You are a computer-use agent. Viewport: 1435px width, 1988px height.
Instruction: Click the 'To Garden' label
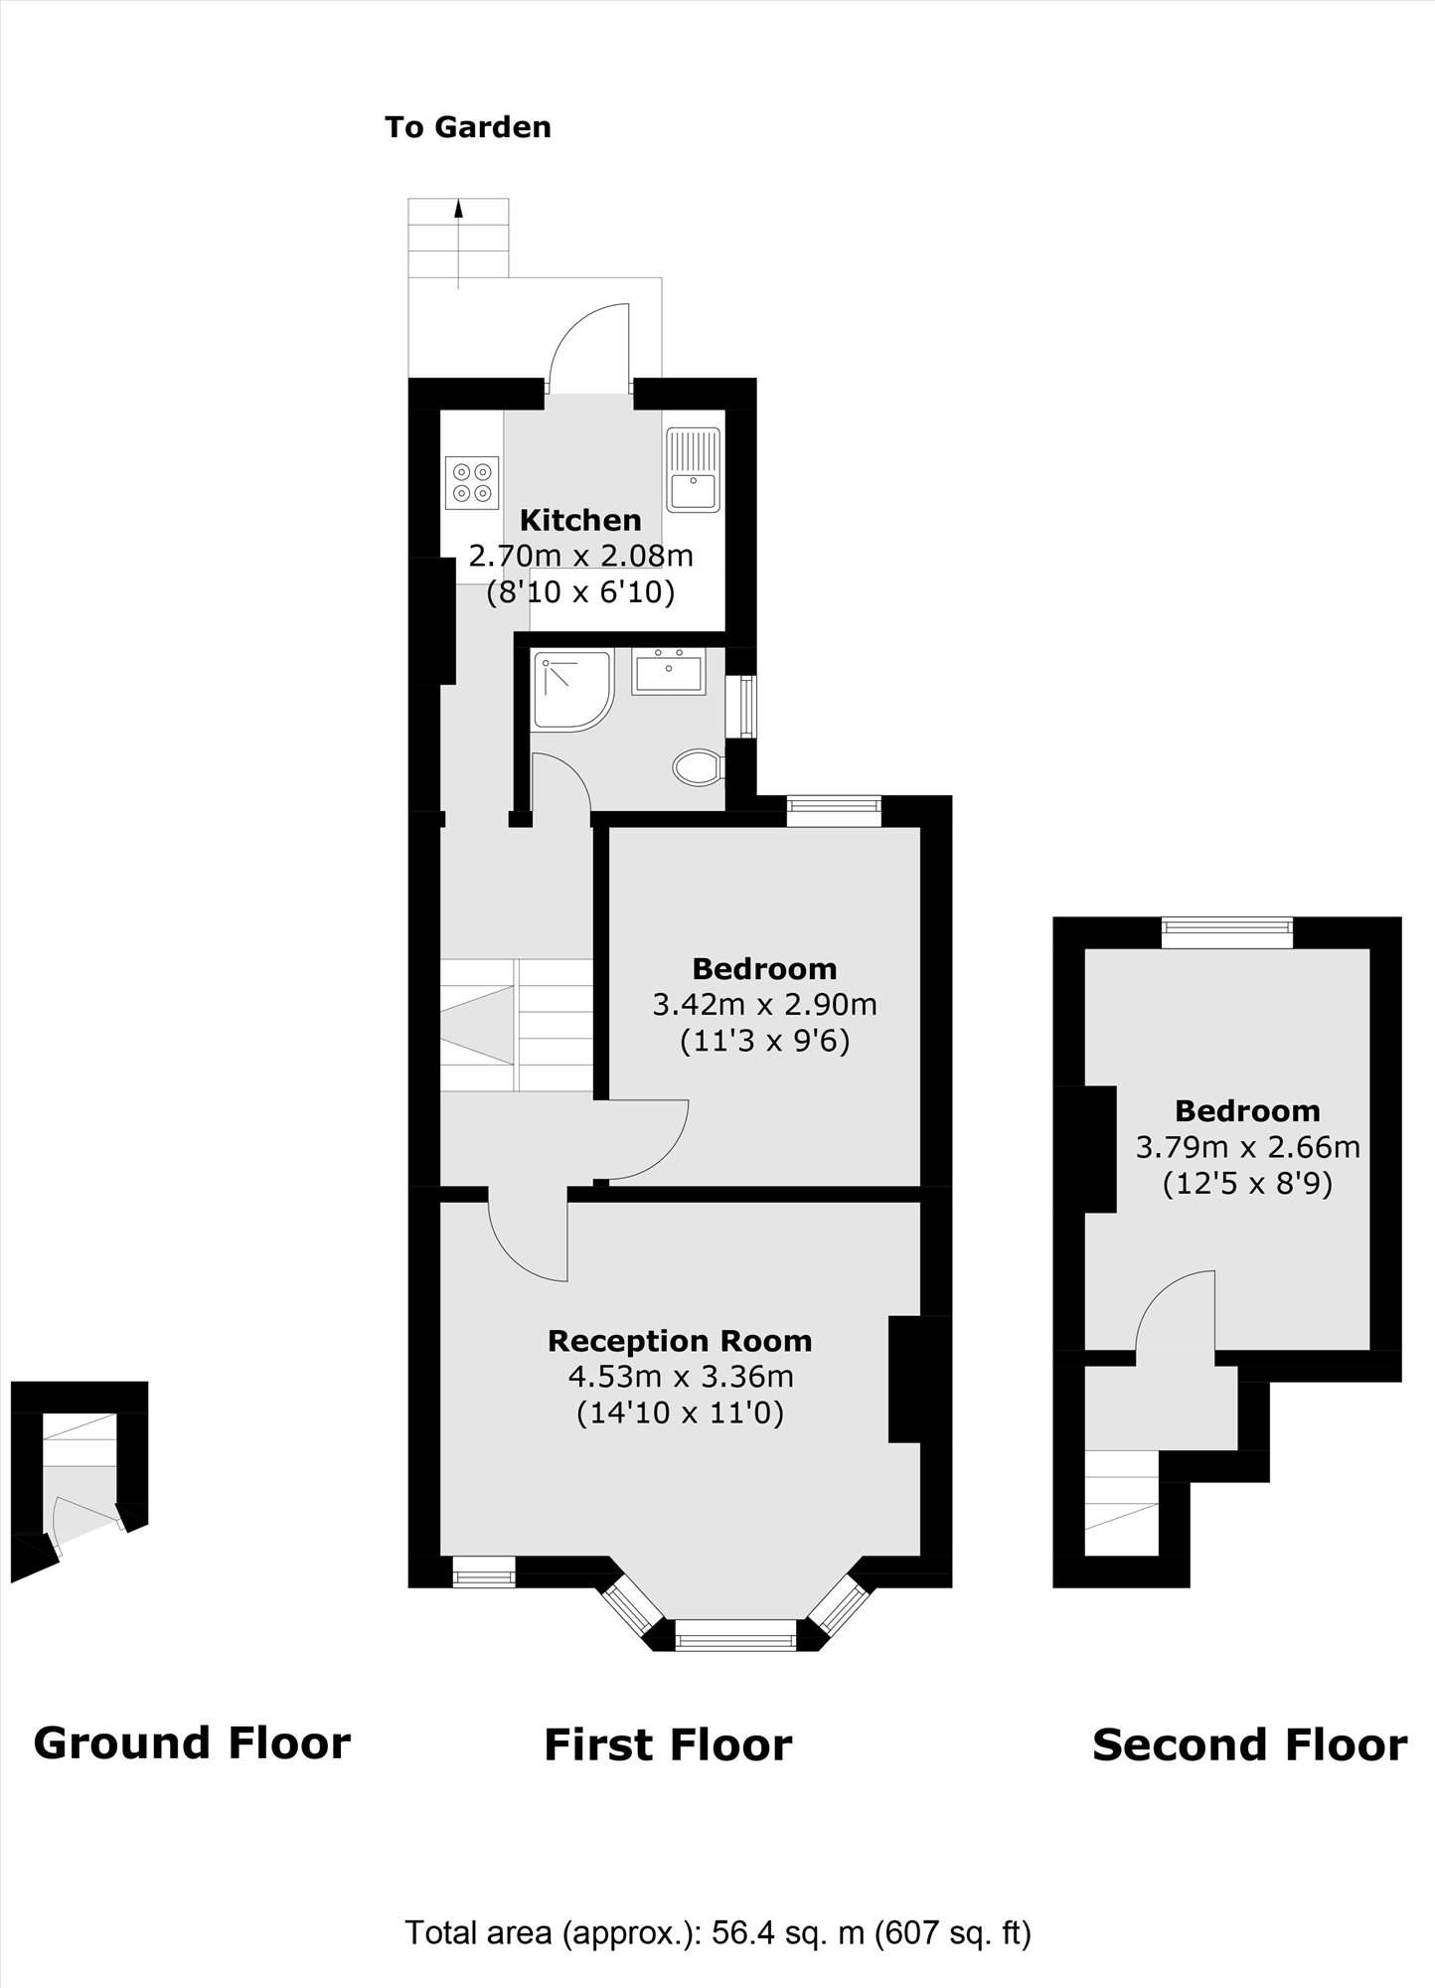(467, 127)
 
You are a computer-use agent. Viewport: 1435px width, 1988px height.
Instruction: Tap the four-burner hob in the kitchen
(472, 482)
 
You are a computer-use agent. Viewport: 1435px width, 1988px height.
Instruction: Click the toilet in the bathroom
(698, 767)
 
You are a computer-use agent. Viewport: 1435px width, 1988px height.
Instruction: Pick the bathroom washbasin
(668, 671)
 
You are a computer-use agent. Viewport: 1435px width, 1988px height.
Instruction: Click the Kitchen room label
(580, 520)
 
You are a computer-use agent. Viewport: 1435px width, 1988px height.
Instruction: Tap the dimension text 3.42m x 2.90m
(764, 1005)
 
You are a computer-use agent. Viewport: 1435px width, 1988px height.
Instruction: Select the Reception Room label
(680, 1341)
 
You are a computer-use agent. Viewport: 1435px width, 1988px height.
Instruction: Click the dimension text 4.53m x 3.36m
(680, 1377)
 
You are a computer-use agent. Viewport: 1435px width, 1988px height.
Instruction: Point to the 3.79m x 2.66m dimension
(1247, 1148)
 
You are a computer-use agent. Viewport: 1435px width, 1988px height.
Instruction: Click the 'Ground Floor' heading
(192, 1770)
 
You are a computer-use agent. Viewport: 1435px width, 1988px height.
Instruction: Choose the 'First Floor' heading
(668, 1772)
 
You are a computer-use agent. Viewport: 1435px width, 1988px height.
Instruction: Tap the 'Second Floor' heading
(1249, 1772)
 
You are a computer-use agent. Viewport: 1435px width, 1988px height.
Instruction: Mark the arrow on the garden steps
(458, 209)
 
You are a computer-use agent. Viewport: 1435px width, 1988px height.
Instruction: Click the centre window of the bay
(735, 1634)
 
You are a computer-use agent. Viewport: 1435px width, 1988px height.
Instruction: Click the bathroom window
(742, 707)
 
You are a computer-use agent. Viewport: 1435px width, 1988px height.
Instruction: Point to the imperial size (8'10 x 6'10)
(580, 593)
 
